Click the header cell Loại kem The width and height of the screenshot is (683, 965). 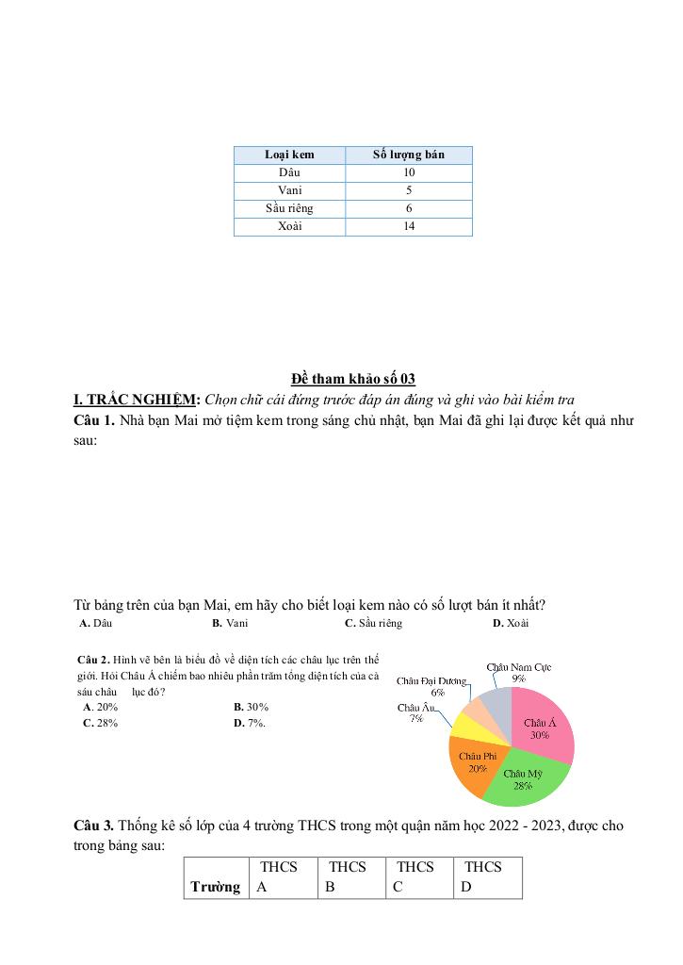pyautogui.click(x=289, y=155)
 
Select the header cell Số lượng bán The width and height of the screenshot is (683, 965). pyautogui.click(x=408, y=155)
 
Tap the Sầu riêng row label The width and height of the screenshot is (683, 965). pyautogui.click(x=289, y=208)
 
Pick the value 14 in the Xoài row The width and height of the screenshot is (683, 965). pyautogui.click(x=408, y=226)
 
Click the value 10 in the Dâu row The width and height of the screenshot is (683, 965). pyautogui.click(x=408, y=172)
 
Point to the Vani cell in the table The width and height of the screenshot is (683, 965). pyautogui.click(x=289, y=190)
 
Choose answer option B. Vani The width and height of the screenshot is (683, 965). pyautogui.click(x=230, y=623)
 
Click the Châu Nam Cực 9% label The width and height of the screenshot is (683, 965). pyautogui.click(x=519, y=672)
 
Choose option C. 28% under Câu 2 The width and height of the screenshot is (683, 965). pyautogui.click(x=101, y=723)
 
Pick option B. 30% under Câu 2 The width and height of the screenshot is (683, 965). pyautogui.click(x=251, y=706)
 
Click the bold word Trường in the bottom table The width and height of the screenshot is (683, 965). pyautogui.click(x=215, y=887)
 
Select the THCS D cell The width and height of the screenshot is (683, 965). pyautogui.click(x=487, y=876)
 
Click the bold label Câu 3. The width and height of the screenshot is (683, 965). pyautogui.click(x=94, y=826)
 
